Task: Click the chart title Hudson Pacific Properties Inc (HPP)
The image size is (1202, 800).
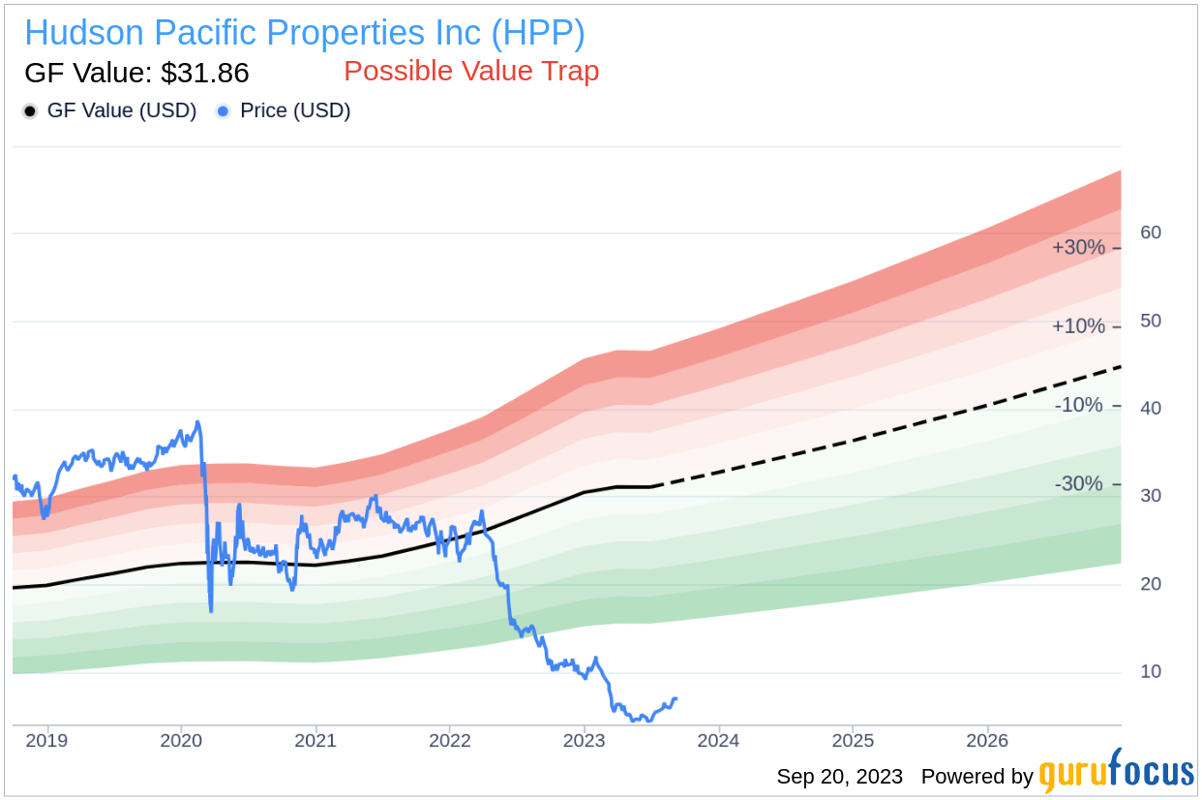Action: pos(304,33)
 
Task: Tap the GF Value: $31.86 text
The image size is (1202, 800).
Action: pos(136,73)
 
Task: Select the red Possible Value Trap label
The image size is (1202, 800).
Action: pos(471,71)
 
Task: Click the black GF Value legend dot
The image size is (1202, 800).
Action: pos(30,111)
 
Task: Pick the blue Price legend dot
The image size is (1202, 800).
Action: pos(223,111)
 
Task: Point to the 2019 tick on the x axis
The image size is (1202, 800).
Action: pos(46,741)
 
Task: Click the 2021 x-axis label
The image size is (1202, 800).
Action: pos(316,741)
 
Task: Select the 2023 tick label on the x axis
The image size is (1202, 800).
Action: pos(584,741)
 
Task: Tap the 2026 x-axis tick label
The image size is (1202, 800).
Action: pos(986,741)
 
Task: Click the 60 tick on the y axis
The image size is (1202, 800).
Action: pos(1151,232)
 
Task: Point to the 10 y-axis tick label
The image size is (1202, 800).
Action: pos(1151,671)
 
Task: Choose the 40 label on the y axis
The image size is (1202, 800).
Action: pos(1151,408)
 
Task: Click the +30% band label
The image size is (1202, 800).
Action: pos(1078,247)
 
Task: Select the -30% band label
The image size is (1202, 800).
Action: pos(1078,483)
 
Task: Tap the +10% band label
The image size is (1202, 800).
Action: pos(1078,326)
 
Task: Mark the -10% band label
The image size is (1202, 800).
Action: pos(1078,405)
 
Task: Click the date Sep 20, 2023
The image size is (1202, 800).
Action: pos(839,777)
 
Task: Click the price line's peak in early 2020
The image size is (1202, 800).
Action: pos(197,422)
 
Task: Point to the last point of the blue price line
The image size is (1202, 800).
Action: pos(676,698)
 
